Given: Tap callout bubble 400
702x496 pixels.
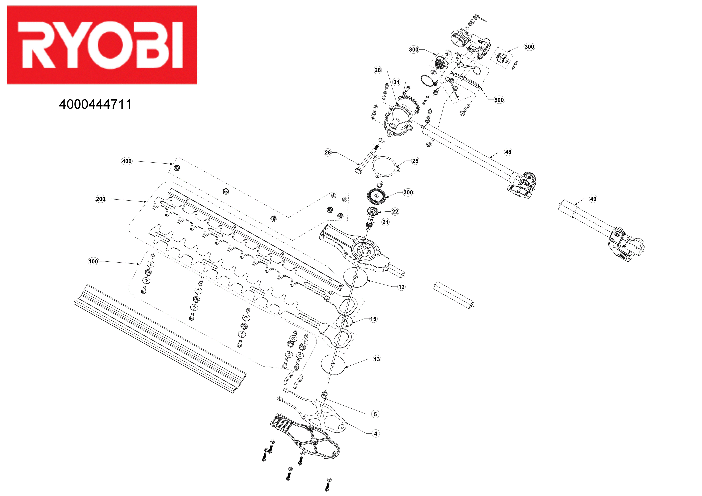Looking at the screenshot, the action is click(127, 161).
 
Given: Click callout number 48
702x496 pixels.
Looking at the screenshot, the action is click(508, 152).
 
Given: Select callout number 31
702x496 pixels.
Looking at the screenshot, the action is click(396, 82).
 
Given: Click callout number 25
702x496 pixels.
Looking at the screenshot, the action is click(415, 161).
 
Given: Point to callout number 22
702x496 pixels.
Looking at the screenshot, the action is click(395, 212).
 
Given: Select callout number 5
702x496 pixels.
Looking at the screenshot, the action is click(375, 414).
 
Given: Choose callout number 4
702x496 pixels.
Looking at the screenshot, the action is click(376, 434).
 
